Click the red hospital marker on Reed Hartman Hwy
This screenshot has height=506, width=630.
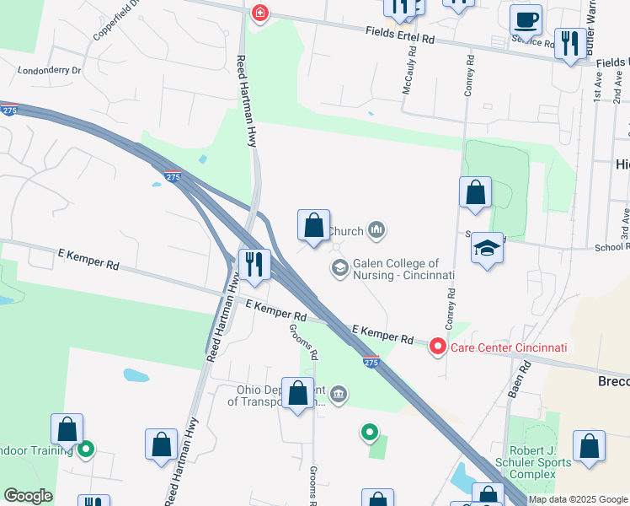(259, 14)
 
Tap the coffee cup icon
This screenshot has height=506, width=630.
(526, 18)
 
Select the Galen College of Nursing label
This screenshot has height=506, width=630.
(403, 270)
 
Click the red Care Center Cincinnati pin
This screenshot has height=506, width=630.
(438, 347)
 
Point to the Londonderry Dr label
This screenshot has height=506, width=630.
(49, 72)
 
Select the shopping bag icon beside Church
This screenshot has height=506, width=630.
(313, 226)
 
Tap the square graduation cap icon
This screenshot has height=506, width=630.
(487, 249)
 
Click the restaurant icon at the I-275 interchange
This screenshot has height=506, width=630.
(254, 264)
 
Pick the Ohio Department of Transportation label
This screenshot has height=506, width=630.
(274, 396)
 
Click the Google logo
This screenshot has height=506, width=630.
(27, 496)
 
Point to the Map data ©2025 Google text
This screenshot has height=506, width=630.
(578, 499)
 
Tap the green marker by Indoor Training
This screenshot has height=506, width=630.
(85, 450)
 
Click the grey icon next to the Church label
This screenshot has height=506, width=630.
(376, 229)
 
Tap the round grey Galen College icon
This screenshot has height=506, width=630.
(339, 268)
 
